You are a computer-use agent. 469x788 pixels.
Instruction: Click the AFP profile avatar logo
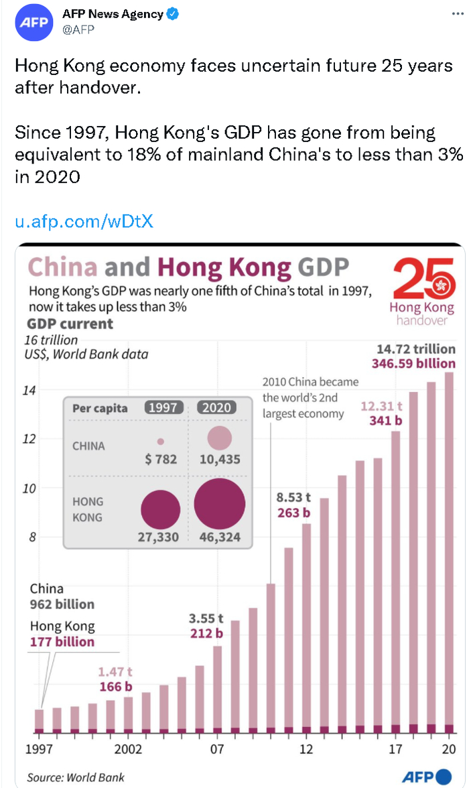(x=33, y=21)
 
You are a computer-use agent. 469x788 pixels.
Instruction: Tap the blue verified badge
(x=173, y=14)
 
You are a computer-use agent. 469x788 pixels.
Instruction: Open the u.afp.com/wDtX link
(x=84, y=221)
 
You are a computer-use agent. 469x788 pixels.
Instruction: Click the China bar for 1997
(x=39, y=718)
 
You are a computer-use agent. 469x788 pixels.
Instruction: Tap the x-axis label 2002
(x=127, y=749)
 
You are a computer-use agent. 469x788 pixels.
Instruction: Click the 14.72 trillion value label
(x=415, y=349)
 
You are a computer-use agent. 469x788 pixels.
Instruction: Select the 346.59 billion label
(x=413, y=364)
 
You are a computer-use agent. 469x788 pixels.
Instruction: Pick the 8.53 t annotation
(x=293, y=497)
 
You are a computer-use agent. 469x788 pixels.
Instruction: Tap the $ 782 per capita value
(x=161, y=460)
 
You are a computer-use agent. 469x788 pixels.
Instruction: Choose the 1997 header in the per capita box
(x=163, y=407)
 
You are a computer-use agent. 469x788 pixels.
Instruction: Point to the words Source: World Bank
(x=76, y=777)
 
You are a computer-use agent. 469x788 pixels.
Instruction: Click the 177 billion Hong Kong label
(x=62, y=641)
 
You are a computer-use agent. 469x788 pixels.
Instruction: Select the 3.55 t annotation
(x=205, y=618)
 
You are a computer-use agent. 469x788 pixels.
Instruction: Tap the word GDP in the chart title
(x=324, y=268)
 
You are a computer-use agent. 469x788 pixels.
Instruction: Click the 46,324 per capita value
(x=220, y=537)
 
